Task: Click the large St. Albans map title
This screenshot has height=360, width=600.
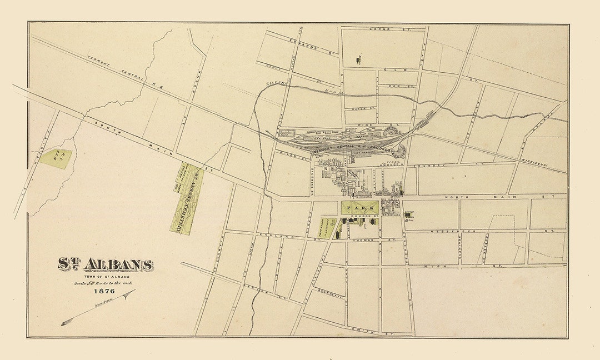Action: pos(106,265)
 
